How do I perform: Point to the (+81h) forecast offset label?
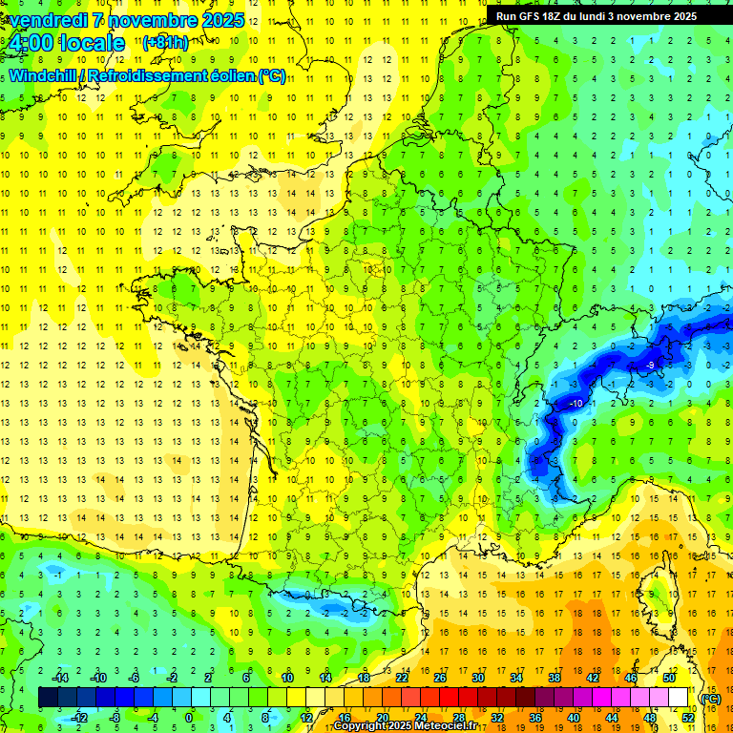point(165,42)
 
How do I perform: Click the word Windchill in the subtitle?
point(42,75)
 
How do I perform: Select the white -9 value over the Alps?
point(649,366)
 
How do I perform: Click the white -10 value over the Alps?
point(576,405)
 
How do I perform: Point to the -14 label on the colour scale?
point(59,678)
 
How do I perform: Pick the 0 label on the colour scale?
point(189,718)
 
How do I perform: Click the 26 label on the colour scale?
point(440,678)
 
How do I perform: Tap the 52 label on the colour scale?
point(687,718)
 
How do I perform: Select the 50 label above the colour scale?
point(669,678)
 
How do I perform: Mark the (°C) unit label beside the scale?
point(710,699)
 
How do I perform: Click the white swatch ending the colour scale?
point(679,698)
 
